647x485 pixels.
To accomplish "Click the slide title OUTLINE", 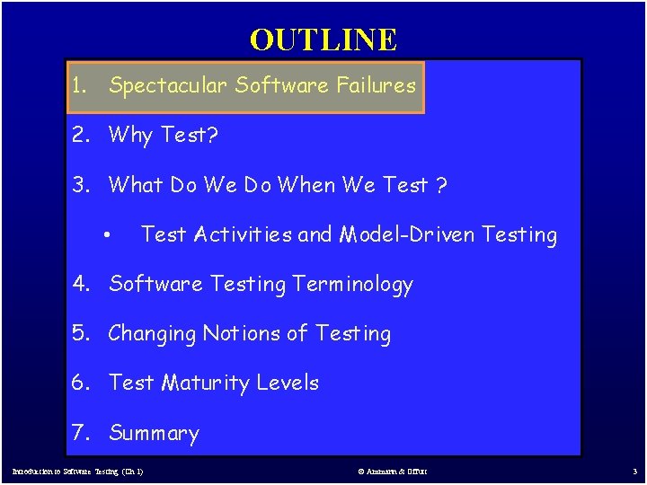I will click(323, 40).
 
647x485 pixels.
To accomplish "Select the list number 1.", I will click(80, 86).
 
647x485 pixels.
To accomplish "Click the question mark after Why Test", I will click(213, 136).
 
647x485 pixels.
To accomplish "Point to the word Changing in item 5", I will click(152, 334).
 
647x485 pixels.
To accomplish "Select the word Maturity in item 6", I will click(206, 384).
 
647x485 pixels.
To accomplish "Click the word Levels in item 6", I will click(288, 383).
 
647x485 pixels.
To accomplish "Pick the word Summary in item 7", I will click(154, 434).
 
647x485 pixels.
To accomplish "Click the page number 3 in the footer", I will click(634, 472).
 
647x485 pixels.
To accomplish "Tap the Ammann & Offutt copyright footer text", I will click(394, 472).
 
